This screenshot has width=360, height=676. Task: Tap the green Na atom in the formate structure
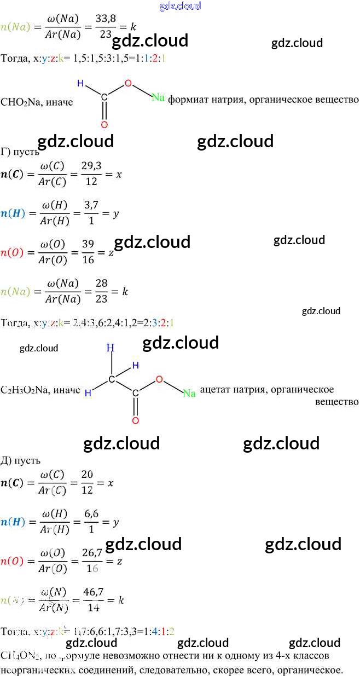click(158, 97)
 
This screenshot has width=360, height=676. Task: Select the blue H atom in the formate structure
click(80, 84)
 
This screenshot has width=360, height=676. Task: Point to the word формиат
click(188, 100)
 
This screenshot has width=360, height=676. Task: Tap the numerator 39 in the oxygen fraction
click(88, 244)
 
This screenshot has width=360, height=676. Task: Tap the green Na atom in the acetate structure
click(189, 393)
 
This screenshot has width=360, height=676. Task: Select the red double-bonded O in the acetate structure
click(135, 420)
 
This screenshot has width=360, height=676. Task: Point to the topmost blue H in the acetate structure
click(111, 348)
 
